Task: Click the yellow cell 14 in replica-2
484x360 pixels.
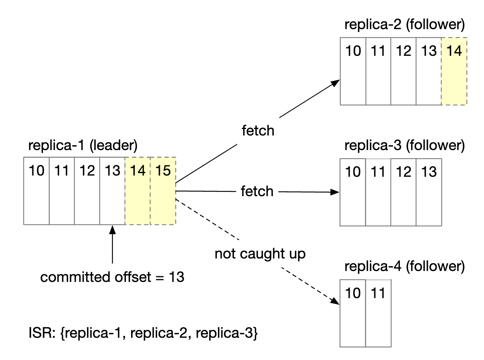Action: [454, 71]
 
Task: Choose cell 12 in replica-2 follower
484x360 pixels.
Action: [403, 71]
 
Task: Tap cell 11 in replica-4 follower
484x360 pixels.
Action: [378, 313]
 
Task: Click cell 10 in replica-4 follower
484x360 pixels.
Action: [353, 313]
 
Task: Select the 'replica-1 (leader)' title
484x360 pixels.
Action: [83, 145]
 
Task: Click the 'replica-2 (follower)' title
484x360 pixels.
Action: [404, 25]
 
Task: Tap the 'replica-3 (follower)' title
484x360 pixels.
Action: [404, 145]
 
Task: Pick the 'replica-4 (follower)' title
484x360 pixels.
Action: [404, 266]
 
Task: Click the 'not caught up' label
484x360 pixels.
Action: [260, 254]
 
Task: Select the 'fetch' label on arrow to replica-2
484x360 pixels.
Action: [258, 131]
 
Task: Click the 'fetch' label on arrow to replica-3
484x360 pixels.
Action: [257, 191]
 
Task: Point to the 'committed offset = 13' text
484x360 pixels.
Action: [112, 277]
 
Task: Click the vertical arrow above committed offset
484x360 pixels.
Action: [113, 247]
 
